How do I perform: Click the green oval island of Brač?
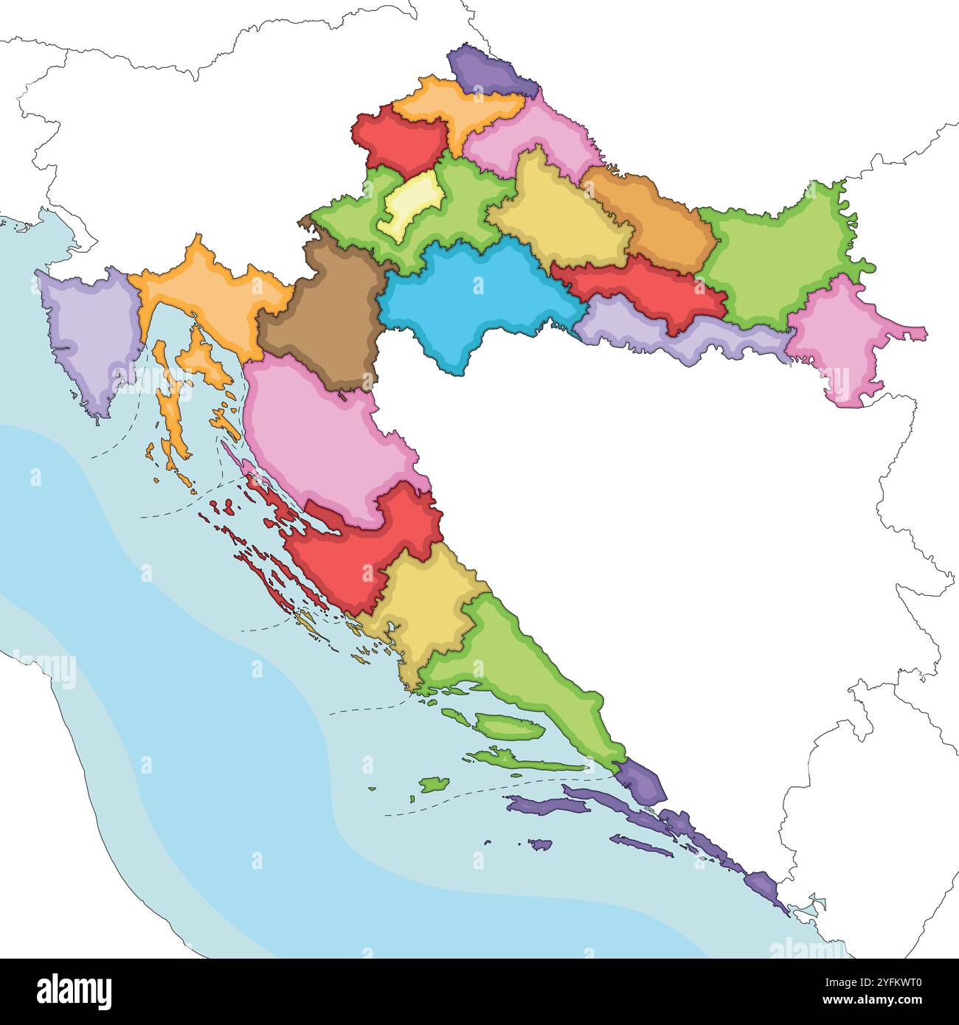[x=509, y=727]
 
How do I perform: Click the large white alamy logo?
[x=74, y=991]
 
